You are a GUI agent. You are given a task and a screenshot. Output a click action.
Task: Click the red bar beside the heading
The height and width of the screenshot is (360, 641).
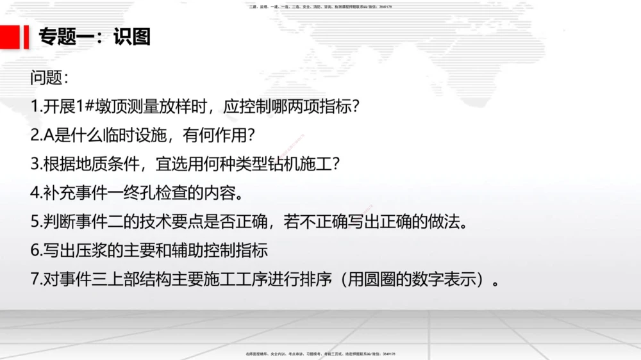click(x=27, y=37)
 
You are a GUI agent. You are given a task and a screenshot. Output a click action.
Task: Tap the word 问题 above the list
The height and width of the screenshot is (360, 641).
click(x=46, y=79)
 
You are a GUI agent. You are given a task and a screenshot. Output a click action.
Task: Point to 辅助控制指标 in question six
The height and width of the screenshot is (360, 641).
click(x=224, y=250)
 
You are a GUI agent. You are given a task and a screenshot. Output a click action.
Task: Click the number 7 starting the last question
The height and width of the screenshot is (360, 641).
click(x=35, y=279)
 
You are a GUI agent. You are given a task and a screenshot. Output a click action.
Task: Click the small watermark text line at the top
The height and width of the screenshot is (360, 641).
click(x=320, y=7)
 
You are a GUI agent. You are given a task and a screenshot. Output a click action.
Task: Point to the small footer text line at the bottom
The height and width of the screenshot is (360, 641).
click(x=320, y=354)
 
